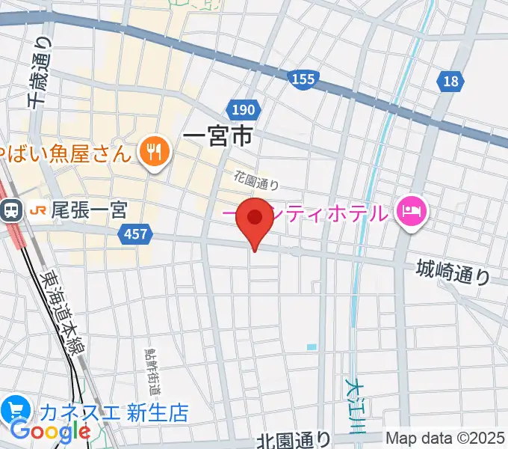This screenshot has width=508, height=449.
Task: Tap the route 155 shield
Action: [x=304, y=78]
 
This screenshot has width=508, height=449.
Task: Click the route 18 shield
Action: [x=450, y=82]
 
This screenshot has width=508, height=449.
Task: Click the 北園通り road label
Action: [x=294, y=441]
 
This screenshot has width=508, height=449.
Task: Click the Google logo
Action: [x=50, y=431]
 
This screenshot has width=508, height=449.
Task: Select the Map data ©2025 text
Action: [x=445, y=439]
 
